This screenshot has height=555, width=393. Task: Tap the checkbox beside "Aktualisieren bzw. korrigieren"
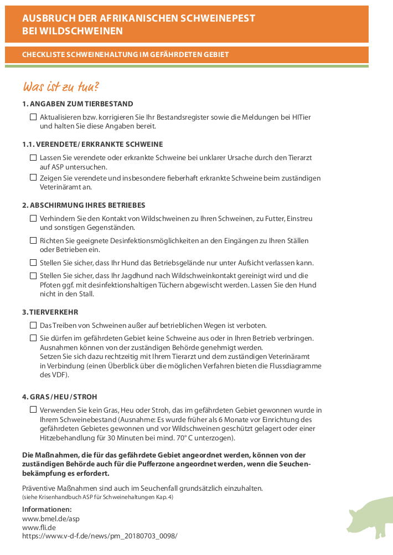pyautogui.click(x=33, y=117)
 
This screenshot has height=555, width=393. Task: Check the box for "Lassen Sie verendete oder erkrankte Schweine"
pyautogui.click(x=33, y=158)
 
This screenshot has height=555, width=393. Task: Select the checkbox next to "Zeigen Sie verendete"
pyautogui.click(x=33, y=178)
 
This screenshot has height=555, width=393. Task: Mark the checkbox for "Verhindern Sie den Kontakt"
pyautogui.click(x=33, y=219)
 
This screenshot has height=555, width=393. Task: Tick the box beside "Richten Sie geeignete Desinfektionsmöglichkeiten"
pyautogui.click(x=33, y=241)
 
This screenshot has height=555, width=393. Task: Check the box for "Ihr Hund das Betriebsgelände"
pyautogui.click(x=33, y=263)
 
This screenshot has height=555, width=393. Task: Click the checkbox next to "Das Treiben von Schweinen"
pyautogui.click(x=33, y=325)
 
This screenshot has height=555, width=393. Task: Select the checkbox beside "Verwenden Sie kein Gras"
pyautogui.click(x=33, y=410)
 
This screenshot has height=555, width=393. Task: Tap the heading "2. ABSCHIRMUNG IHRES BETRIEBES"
pyautogui.click(x=84, y=205)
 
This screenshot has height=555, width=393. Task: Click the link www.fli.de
pyautogui.click(x=39, y=528)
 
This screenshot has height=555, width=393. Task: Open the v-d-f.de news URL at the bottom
pyautogui.click(x=100, y=536)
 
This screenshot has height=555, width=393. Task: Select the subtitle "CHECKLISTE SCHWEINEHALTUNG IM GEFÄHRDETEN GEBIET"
pyautogui.click(x=125, y=55)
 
